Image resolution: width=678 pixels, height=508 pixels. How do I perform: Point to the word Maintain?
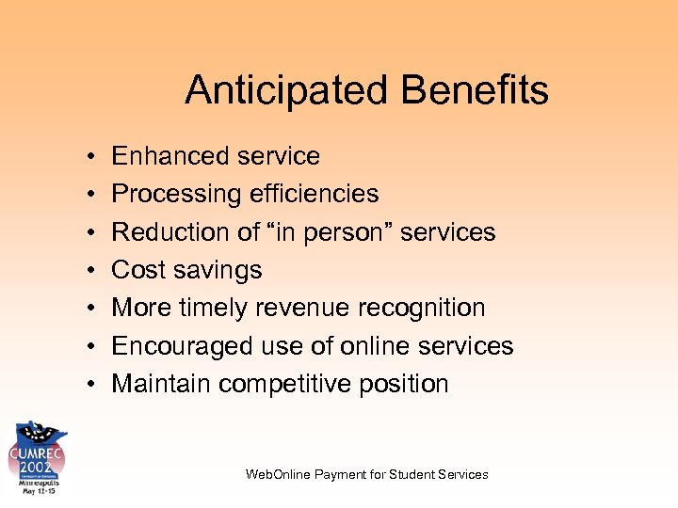point(161,384)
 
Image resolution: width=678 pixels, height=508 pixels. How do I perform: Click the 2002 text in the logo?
point(39,466)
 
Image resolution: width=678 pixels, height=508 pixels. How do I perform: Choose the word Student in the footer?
point(419,474)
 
